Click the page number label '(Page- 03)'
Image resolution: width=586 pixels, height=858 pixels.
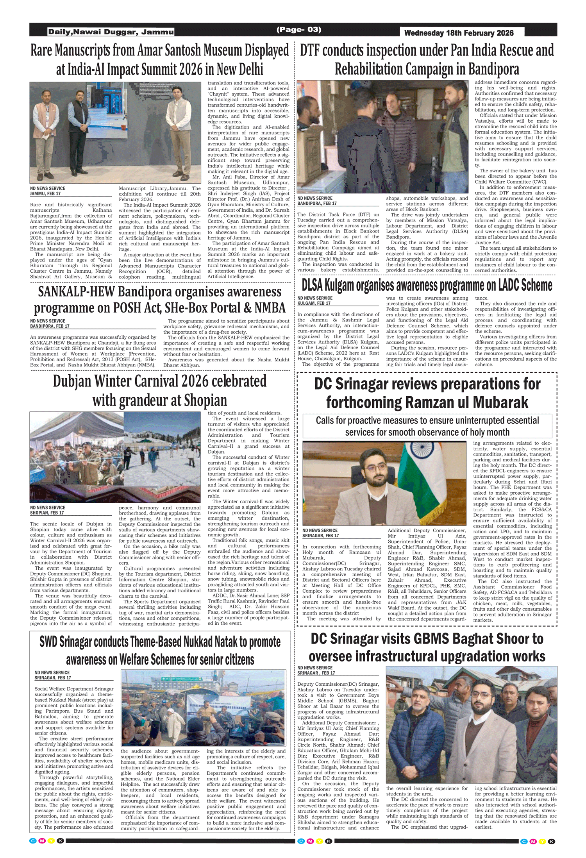pos(298,30)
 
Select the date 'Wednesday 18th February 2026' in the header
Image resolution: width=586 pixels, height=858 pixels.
pos(459,33)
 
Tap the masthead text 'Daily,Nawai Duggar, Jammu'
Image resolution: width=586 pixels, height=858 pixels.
pos(111,32)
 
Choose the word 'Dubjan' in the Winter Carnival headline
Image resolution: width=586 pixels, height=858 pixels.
pos(72,381)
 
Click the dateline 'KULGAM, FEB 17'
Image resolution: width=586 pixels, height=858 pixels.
pos(314,303)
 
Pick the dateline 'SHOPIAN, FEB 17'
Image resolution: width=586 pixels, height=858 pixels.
pos(47,513)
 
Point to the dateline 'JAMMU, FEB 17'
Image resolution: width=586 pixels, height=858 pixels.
pos(45,193)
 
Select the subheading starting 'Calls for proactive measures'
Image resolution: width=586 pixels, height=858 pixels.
pos(427,426)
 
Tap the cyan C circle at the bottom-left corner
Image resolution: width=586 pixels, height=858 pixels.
pos(33,841)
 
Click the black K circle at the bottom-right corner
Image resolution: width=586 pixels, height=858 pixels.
pos(551,841)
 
